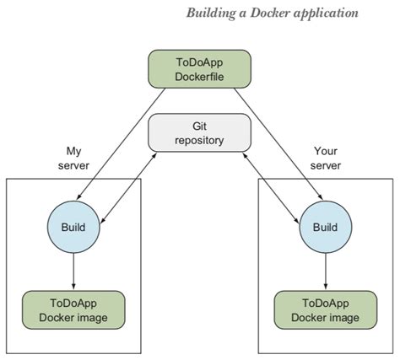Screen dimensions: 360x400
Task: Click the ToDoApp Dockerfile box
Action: pos(199,68)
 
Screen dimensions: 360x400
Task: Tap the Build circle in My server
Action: pos(73,227)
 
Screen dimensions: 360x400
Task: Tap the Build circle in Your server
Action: pos(325,227)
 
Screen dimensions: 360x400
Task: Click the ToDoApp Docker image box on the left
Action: pos(73,309)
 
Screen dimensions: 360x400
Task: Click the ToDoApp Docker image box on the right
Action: pos(325,309)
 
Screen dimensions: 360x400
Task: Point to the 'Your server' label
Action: pos(325,158)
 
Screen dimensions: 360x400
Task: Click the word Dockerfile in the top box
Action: pos(199,76)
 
